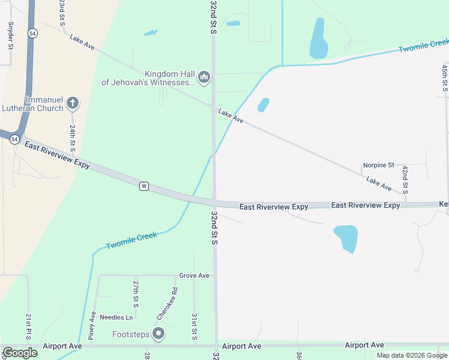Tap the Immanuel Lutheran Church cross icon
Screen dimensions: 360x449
[x=72, y=103]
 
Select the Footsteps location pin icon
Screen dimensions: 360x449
[x=158, y=333]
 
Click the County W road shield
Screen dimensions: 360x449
[x=144, y=186]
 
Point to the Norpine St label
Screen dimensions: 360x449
[x=378, y=165]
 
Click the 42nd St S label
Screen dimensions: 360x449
[x=406, y=179]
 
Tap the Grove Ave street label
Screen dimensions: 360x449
[x=194, y=275]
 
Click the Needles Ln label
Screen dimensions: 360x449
[x=116, y=317]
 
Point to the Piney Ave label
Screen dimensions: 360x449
[x=93, y=325]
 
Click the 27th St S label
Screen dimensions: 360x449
[x=136, y=293]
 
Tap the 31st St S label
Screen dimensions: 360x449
[x=194, y=326]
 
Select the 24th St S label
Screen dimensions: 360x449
[x=71, y=137]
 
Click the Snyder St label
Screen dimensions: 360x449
[x=10, y=35]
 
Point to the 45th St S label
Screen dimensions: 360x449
[x=445, y=79]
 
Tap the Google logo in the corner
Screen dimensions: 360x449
[x=20, y=353]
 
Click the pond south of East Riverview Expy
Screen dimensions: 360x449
[x=346, y=237]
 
